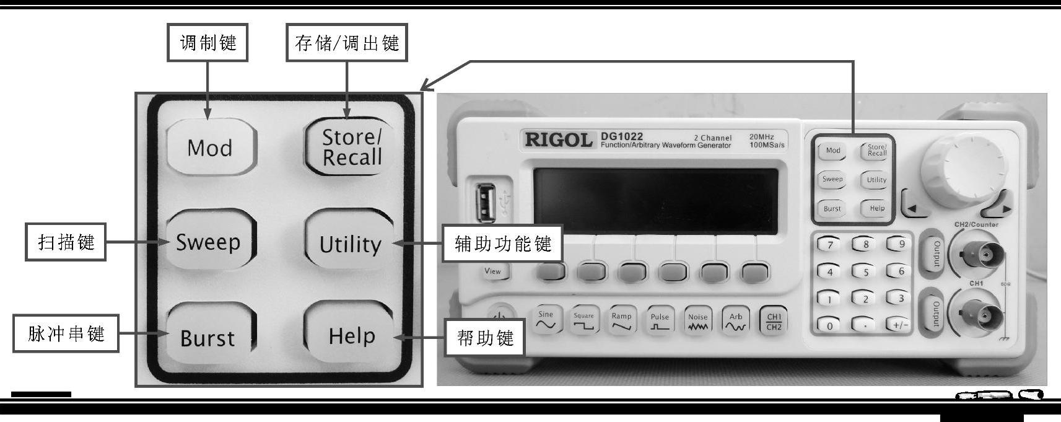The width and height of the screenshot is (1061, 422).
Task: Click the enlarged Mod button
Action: (211, 147)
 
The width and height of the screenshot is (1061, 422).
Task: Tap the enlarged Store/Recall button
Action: (351, 147)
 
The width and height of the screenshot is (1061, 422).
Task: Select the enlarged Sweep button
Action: (209, 242)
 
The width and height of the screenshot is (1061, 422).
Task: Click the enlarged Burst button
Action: (208, 337)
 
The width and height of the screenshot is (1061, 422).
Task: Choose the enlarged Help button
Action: (351, 336)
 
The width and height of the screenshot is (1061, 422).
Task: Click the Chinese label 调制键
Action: (207, 43)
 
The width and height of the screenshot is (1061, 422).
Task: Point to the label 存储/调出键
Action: (346, 43)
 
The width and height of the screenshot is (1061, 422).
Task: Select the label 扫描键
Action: (66, 242)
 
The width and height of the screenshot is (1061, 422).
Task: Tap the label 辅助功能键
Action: (502, 244)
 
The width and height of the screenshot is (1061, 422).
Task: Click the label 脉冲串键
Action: (66, 334)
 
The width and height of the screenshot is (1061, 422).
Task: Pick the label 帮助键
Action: (485, 338)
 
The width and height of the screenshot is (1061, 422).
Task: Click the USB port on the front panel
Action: (486, 201)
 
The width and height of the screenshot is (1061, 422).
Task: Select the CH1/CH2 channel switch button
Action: (774, 321)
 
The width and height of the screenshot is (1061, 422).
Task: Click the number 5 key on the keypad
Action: (866, 271)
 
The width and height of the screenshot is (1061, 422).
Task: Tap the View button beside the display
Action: (493, 271)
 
